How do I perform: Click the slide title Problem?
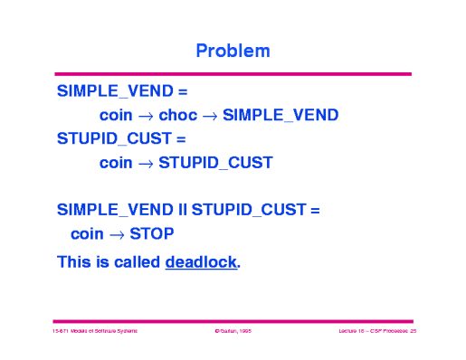point(233,51)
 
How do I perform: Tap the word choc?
point(177,115)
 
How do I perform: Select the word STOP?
point(152,233)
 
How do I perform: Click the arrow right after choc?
point(209,116)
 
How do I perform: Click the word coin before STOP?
point(87,233)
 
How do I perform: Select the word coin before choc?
point(116,115)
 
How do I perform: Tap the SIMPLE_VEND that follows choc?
point(281,115)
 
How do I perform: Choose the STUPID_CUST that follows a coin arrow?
point(215,163)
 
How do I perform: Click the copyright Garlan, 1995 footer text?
point(233,333)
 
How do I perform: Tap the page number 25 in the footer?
point(412,333)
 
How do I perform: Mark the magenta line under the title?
point(233,74)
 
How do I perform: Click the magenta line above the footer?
point(233,320)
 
